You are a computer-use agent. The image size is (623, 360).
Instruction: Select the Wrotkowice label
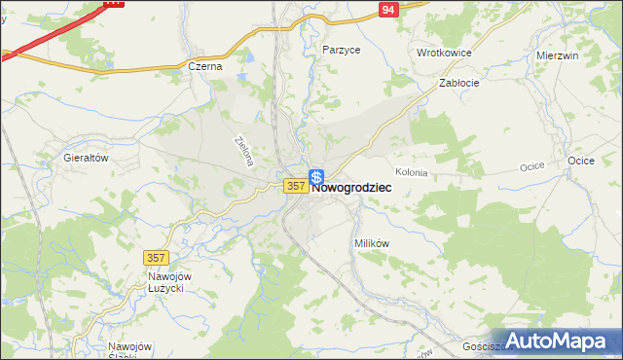(444, 53)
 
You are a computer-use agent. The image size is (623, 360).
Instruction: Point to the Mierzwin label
(558, 55)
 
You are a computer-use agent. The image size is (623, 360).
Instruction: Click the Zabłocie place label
(458, 84)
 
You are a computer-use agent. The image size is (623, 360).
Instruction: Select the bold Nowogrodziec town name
(352, 189)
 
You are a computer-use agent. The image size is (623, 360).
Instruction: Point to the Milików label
(371, 243)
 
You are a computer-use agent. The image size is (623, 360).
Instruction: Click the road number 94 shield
(388, 9)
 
